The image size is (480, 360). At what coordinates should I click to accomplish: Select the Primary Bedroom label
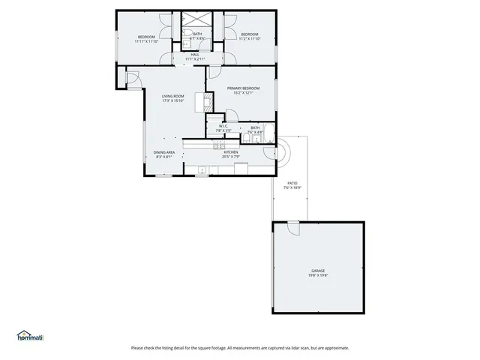241,88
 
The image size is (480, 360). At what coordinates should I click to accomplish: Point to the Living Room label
172,96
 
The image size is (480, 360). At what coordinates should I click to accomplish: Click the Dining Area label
164,152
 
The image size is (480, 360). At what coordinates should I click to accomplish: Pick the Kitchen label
230,152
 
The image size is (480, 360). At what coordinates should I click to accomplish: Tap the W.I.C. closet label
223,125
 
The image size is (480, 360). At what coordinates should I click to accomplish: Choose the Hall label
194,54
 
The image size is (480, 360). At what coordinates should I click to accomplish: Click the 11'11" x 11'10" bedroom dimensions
146,42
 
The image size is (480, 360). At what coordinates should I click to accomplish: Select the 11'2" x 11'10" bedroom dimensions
249,39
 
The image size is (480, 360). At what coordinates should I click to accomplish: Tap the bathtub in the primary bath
255,139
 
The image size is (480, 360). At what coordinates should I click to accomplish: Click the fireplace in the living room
200,100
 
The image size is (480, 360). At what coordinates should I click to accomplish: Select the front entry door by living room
131,77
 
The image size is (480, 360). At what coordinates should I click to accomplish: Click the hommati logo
30,335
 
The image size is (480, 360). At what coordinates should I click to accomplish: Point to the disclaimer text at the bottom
239,347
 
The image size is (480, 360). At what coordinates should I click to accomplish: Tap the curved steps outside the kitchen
287,152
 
